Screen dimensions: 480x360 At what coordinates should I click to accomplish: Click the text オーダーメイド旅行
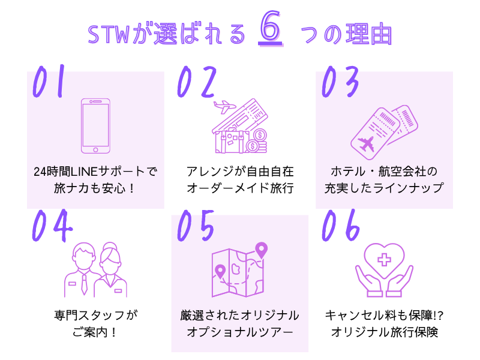pos(240,188)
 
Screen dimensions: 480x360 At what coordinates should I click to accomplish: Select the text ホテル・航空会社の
pos(384,171)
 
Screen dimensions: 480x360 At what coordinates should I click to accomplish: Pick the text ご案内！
pos(95,332)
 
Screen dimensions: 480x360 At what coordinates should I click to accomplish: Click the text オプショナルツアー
pos(240,332)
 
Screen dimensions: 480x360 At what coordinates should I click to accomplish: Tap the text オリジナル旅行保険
pos(384,332)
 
